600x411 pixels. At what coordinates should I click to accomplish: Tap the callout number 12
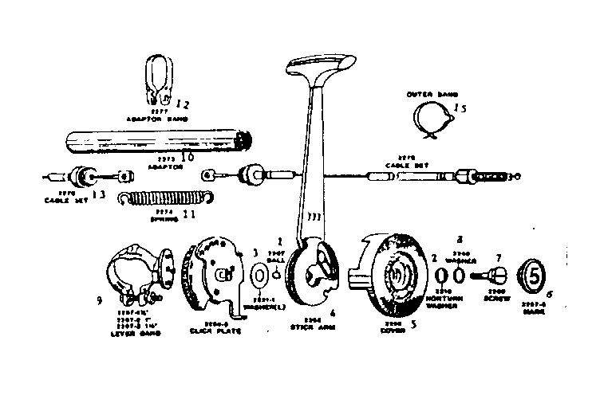(x=183, y=104)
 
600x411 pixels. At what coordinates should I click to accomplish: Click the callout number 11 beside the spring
(x=189, y=213)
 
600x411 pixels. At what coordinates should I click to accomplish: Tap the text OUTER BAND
(x=429, y=93)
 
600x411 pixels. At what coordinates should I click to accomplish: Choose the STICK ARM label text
(x=306, y=326)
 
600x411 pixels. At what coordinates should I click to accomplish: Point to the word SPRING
(x=165, y=217)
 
